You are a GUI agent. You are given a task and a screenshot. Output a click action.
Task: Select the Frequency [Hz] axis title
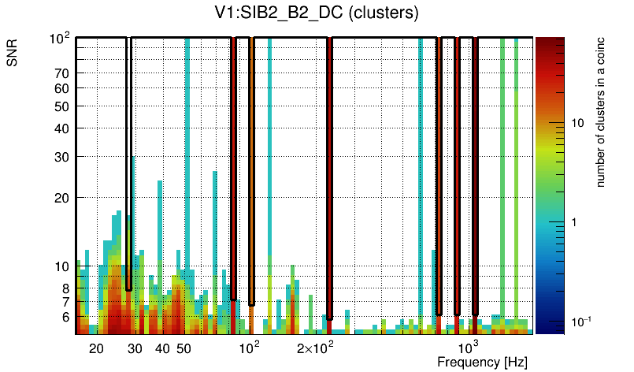[482, 362]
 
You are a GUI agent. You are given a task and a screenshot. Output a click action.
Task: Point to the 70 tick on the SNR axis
[62, 73]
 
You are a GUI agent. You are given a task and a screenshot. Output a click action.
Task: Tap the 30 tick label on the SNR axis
[62, 157]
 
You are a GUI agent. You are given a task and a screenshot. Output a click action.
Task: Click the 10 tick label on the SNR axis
[62, 266]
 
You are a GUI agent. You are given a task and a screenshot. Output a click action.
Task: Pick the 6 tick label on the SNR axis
[65, 318]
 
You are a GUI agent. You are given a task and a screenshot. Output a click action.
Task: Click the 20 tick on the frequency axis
[96, 348]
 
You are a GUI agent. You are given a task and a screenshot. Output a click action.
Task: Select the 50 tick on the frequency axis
[184, 348]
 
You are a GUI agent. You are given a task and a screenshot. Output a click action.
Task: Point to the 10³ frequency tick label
[469, 348]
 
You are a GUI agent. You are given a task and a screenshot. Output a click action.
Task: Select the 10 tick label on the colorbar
[577, 123]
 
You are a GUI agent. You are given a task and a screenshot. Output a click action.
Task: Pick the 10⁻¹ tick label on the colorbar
[580, 321]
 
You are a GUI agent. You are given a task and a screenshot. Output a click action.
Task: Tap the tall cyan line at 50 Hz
[187, 158]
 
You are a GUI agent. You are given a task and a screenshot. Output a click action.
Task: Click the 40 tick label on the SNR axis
[62, 128]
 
